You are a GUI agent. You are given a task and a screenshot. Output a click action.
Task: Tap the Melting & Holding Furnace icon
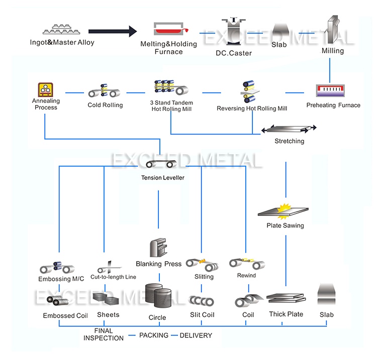(x=168, y=29)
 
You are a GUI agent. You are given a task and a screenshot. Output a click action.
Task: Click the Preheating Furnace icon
(x=332, y=90)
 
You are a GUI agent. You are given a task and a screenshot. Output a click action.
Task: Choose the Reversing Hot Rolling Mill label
(x=252, y=108)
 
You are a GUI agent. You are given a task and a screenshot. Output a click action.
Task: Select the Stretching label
(x=289, y=141)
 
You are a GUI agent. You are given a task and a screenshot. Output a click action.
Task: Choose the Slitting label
(x=204, y=277)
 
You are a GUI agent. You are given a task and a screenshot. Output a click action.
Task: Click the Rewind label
(x=246, y=276)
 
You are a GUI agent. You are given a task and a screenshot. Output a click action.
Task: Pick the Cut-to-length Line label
(x=113, y=277)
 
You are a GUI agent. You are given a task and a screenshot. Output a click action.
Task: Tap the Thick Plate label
(x=286, y=314)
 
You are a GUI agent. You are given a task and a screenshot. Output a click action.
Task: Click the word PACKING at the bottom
(x=154, y=335)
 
